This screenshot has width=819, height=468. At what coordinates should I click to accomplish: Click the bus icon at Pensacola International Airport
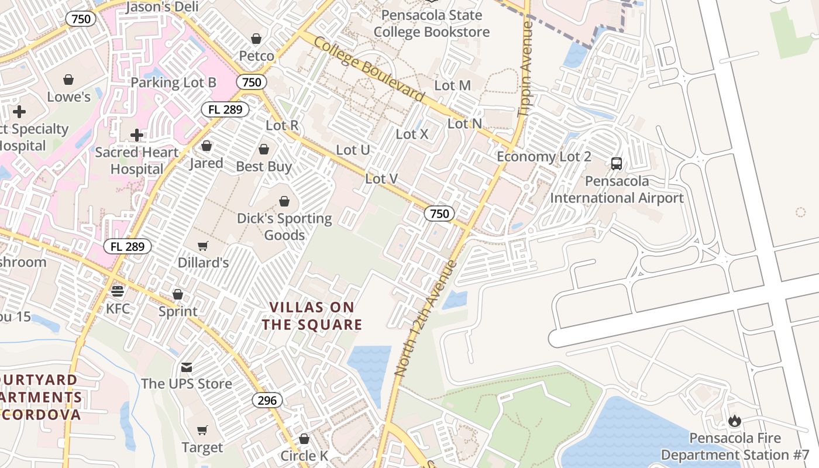[617, 164]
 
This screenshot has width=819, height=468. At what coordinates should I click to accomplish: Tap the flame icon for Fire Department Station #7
[735, 421]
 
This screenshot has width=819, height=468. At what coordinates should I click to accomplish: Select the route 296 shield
[268, 401]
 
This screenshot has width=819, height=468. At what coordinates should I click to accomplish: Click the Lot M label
[453, 85]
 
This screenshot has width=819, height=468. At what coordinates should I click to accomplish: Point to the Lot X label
[412, 134]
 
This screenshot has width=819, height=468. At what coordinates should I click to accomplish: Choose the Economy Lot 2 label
[544, 157]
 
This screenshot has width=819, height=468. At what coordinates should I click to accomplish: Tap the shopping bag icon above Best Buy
[264, 150]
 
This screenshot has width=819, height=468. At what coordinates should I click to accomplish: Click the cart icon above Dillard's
[202, 246]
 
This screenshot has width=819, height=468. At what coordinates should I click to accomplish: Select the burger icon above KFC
[118, 291]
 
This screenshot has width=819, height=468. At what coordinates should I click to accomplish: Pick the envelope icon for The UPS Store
[187, 367]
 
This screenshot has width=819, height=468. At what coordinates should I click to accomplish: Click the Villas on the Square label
[312, 316]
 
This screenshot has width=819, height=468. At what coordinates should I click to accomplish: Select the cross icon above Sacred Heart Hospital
[137, 135]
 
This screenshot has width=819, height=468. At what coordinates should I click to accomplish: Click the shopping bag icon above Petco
[256, 39]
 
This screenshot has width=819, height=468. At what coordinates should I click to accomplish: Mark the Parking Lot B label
[173, 82]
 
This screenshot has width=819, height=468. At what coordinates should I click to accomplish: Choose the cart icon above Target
[202, 431]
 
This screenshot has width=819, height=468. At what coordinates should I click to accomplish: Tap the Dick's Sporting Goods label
[284, 227]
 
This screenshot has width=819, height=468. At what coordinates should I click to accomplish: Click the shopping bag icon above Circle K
[304, 439]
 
